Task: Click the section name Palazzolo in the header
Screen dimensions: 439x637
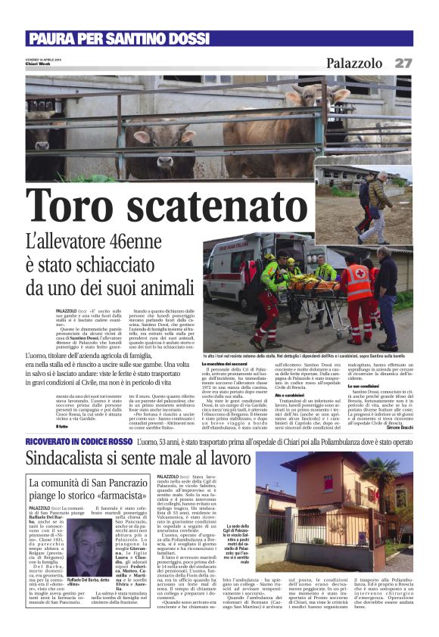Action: coord(355,64)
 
